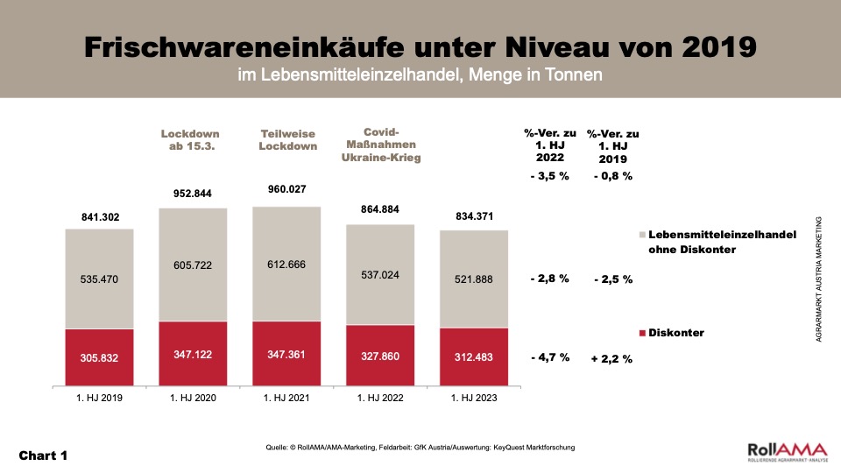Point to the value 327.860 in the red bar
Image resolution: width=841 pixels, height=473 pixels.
(x=380, y=357)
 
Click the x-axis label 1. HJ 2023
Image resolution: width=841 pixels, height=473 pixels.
(x=474, y=399)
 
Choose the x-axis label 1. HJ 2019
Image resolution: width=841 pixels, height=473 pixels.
(x=100, y=399)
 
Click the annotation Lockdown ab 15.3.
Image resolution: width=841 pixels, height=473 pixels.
(x=190, y=140)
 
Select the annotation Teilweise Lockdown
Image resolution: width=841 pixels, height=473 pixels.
(x=287, y=140)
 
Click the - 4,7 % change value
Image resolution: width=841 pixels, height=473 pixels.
(x=549, y=358)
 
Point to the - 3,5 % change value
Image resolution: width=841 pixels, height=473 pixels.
(x=549, y=176)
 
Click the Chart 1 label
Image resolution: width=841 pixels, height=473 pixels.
(x=43, y=455)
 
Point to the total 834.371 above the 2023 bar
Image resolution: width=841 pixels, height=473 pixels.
(x=474, y=216)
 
